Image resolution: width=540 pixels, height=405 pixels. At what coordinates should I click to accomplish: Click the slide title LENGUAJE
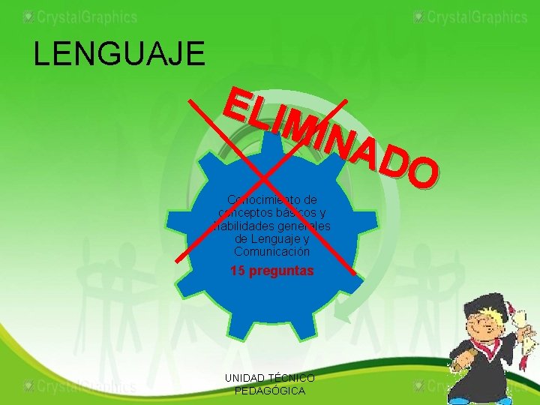coord(118,54)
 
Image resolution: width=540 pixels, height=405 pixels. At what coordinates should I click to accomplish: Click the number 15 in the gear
coord(238,271)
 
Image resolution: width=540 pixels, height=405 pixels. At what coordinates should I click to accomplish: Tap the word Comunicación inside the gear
coord(271,252)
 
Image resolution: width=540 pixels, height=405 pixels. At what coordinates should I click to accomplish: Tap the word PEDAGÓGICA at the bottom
coord(270,391)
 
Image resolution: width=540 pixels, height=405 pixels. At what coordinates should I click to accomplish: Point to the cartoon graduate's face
coord(488,330)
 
